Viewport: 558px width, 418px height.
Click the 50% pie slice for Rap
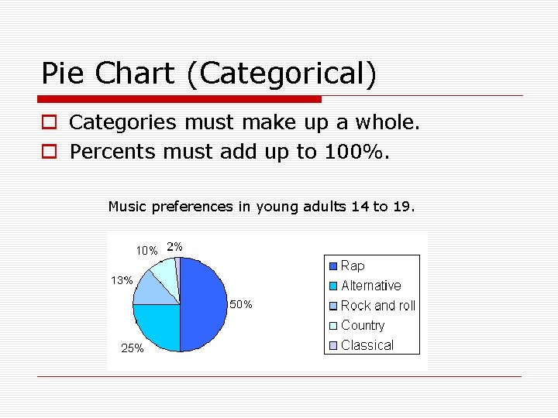pyautogui.click(x=203, y=304)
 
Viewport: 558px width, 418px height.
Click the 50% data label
pyautogui.click(x=240, y=305)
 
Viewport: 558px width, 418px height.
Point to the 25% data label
pyautogui.click(x=133, y=349)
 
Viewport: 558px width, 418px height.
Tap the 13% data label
pyautogui.click(x=121, y=280)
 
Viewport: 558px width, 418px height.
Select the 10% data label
pyautogui.click(x=146, y=250)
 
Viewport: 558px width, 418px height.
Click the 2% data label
pyautogui.click(x=175, y=247)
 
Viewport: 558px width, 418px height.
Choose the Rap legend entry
pyautogui.click(x=353, y=266)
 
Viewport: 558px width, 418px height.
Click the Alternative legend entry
pyautogui.click(x=370, y=286)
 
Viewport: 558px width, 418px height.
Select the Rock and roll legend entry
pyautogui.click(x=377, y=306)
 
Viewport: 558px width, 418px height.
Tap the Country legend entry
pyautogui.click(x=362, y=326)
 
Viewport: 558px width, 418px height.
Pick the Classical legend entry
pyautogui.click(x=367, y=345)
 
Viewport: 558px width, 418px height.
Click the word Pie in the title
pyautogui.click(x=64, y=74)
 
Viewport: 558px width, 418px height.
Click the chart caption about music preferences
pyautogui.click(x=262, y=207)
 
